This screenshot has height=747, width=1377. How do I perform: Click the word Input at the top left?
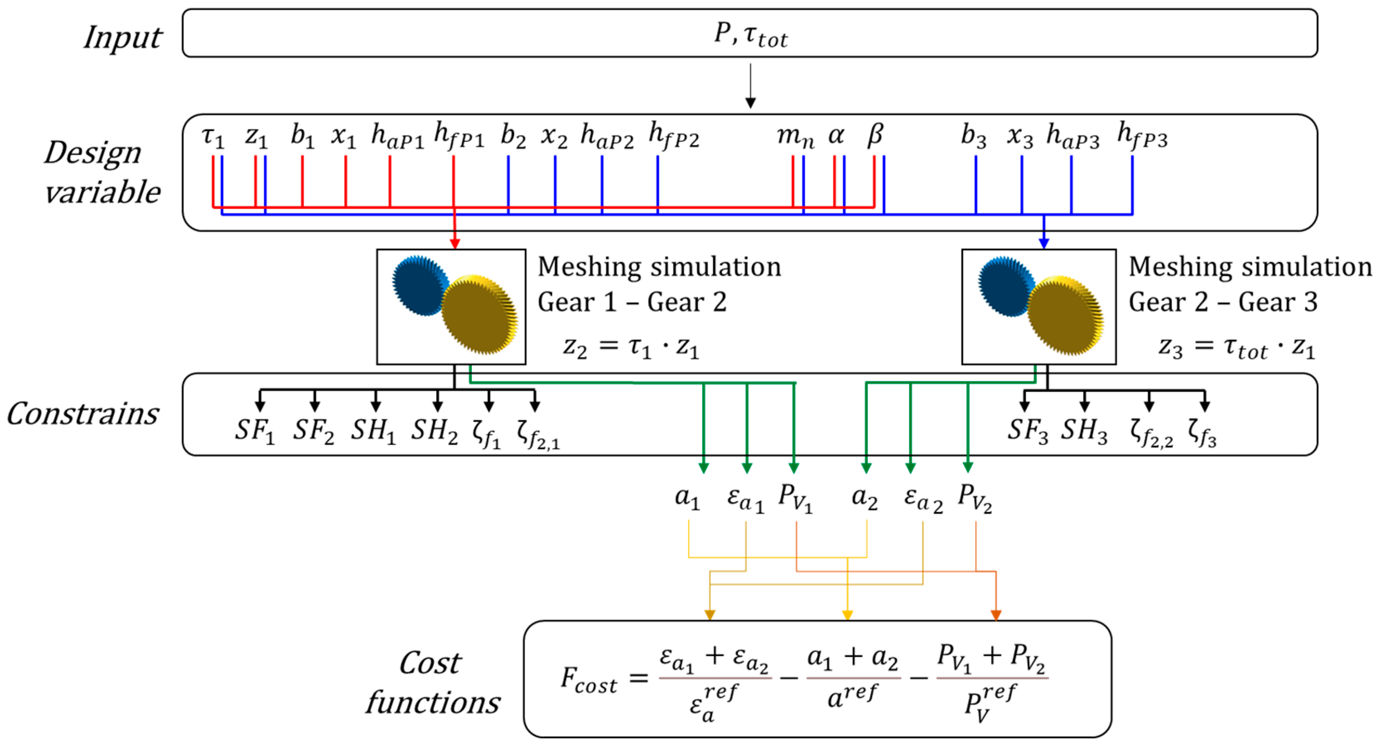pos(123,37)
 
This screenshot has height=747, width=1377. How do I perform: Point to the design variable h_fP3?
pos(1142,136)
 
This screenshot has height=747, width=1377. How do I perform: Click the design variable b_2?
pos(513,136)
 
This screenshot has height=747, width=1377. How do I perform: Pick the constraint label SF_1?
pos(254,431)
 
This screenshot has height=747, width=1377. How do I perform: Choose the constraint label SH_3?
pos(1083,431)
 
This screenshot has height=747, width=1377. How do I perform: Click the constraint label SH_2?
pos(434,431)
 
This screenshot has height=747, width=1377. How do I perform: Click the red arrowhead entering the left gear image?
pos(454,243)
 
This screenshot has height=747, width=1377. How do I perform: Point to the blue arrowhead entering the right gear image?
pos(1044,243)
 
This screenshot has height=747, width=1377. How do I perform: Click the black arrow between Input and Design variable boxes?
pos(750,85)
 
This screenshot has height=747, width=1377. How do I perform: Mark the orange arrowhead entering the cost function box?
pos(995,615)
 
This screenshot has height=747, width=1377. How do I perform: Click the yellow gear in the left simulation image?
pos(478,315)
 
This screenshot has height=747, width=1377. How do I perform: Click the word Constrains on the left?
pos(83,414)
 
